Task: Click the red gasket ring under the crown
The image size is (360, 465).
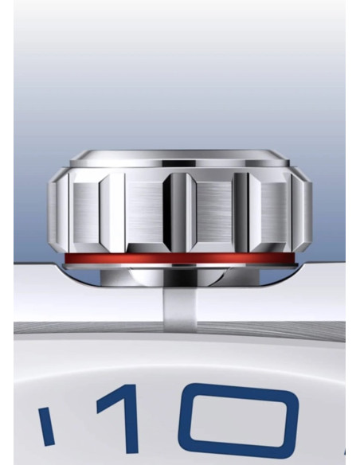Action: [x=180, y=258]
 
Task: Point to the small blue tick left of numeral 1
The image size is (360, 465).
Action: [x=46, y=426]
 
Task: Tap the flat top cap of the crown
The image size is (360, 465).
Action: [x=179, y=158]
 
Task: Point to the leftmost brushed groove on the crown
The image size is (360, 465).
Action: [x=85, y=213]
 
